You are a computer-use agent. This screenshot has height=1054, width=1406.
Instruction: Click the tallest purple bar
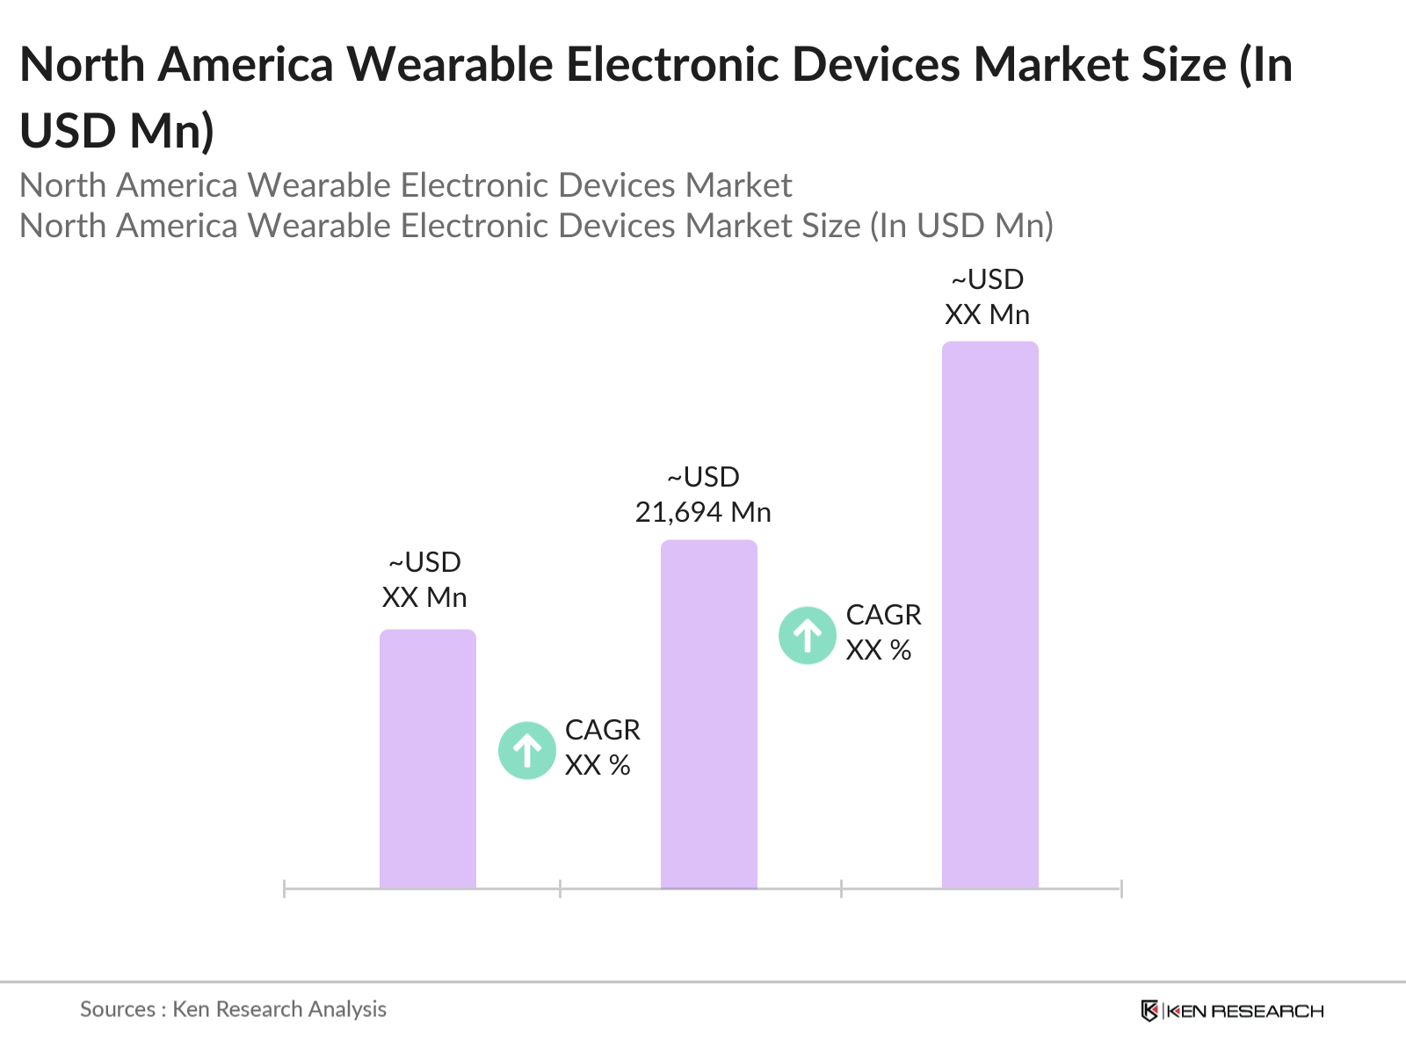[989, 615]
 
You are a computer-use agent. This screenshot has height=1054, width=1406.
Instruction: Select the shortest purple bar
[427, 760]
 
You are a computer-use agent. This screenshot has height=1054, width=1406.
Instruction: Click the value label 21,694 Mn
[703, 512]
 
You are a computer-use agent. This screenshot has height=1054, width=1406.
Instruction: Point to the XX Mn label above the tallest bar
[987, 314]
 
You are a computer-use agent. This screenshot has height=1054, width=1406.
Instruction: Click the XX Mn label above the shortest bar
[424, 597]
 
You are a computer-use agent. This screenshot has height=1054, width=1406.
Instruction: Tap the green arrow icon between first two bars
[527, 750]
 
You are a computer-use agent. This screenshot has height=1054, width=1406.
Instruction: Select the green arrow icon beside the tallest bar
[807, 635]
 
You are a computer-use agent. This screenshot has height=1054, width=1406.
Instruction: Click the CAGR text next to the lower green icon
[602, 730]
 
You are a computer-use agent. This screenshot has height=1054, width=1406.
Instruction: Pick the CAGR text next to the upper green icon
[883, 615]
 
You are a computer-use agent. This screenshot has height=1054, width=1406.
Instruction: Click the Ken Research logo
[1232, 1011]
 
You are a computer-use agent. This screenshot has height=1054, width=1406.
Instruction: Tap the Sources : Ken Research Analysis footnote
[233, 1009]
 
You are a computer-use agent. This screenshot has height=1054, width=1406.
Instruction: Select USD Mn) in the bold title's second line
[117, 131]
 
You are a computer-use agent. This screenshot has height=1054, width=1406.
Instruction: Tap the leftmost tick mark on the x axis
[284, 889]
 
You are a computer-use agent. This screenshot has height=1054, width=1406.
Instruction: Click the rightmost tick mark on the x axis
[1121, 889]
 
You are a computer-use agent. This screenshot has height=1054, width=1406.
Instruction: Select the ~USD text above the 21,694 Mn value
[703, 477]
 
